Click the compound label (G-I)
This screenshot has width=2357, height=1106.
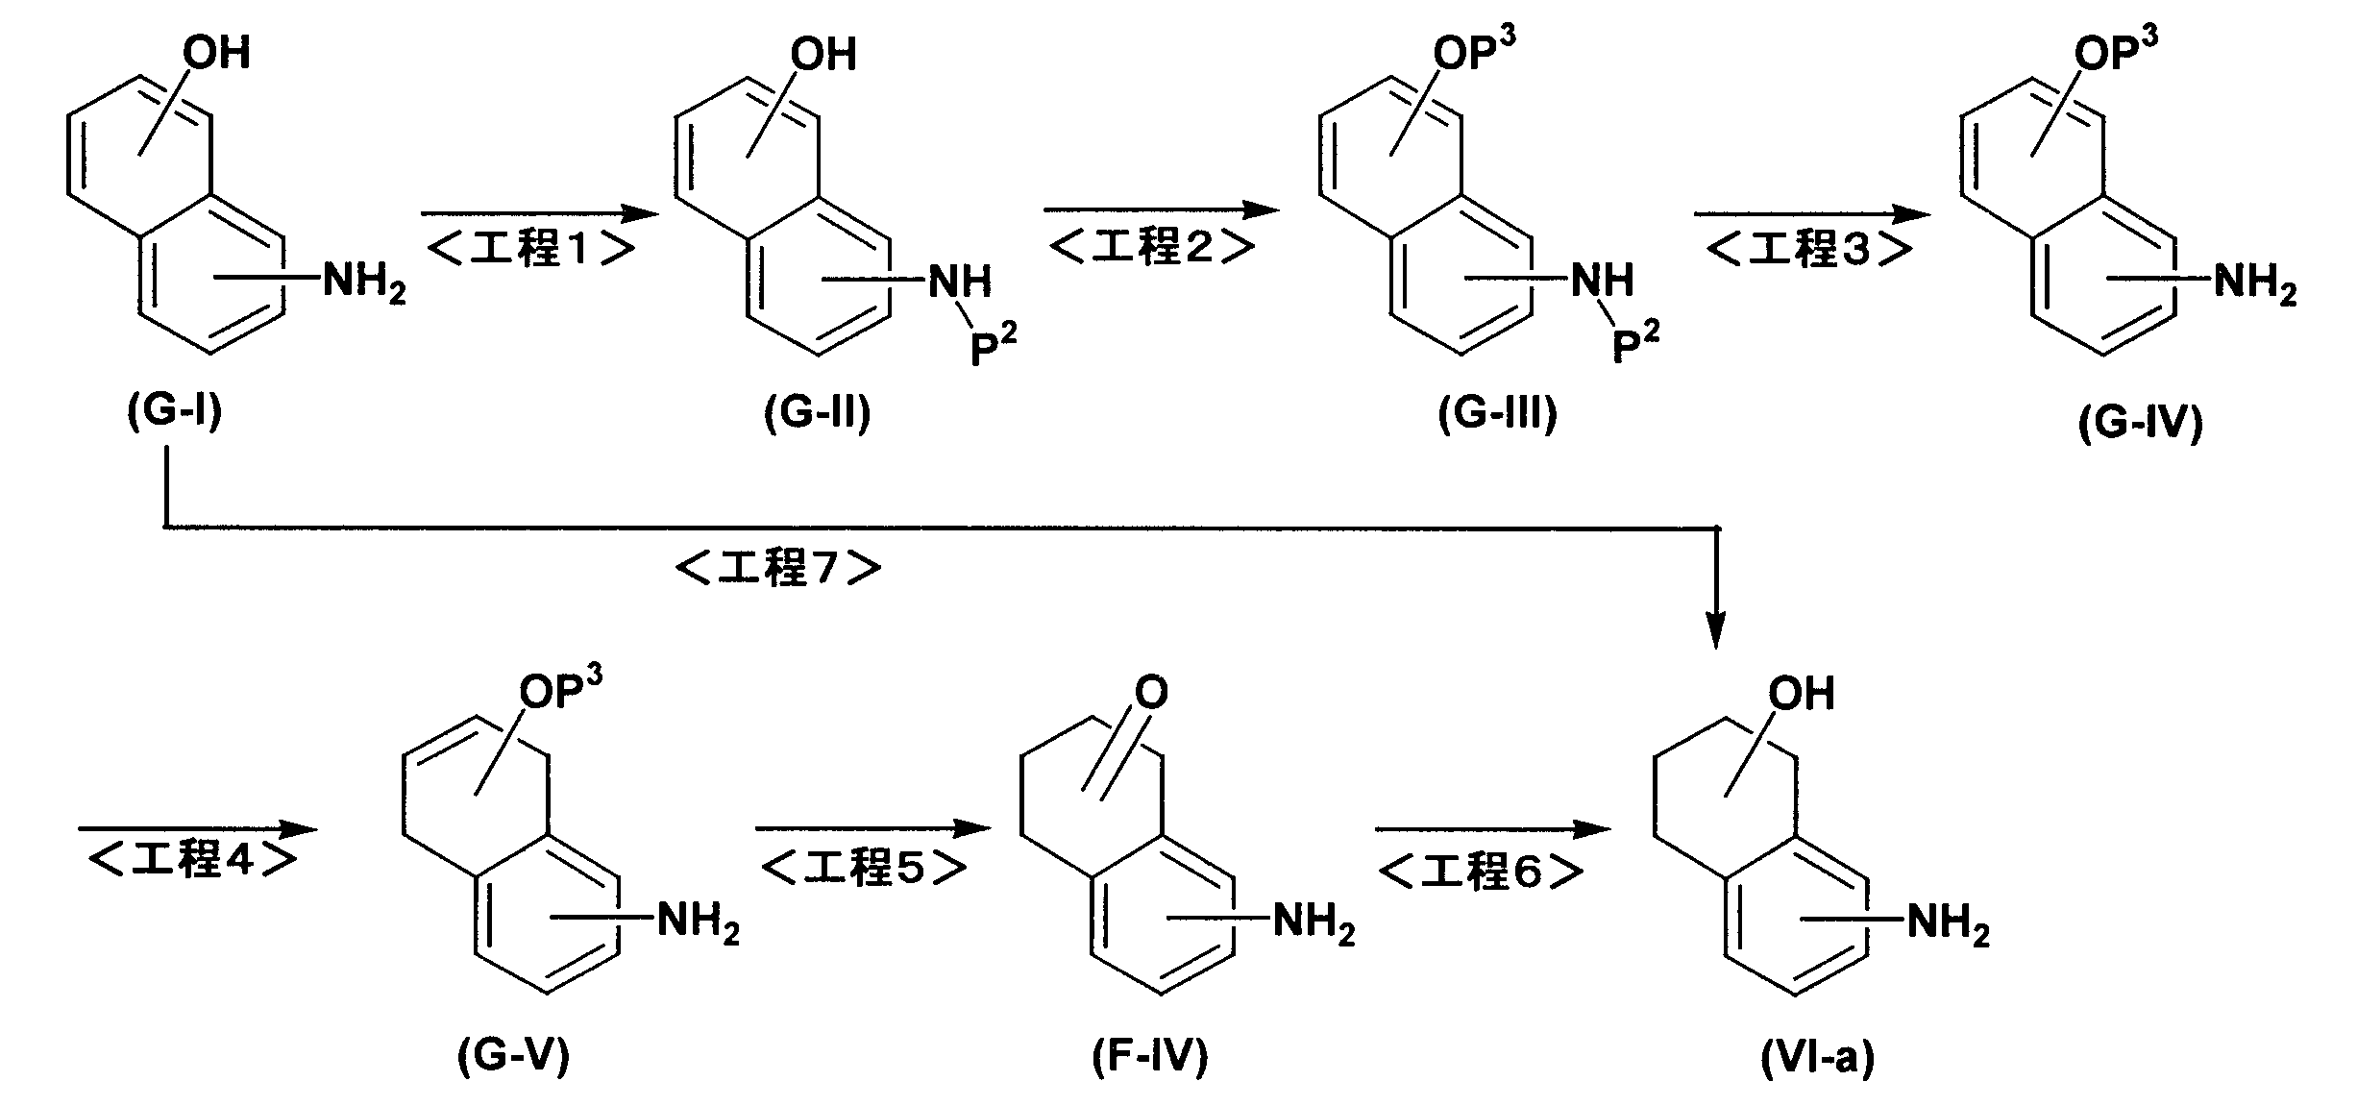point(175,412)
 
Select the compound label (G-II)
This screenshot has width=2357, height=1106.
point(818,414)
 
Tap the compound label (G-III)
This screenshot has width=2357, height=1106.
point(1497,414)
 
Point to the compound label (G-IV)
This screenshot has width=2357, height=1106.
point(2141,423)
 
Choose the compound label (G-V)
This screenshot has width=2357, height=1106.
point(514,1056)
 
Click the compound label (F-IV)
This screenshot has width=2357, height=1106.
point(1150,1057)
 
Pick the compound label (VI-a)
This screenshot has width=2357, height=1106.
point(1818,1058)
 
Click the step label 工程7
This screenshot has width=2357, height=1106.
point(778,568)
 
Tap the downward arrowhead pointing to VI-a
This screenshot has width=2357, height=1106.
point(1716,630)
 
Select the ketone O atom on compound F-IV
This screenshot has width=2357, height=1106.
point(1151,692)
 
